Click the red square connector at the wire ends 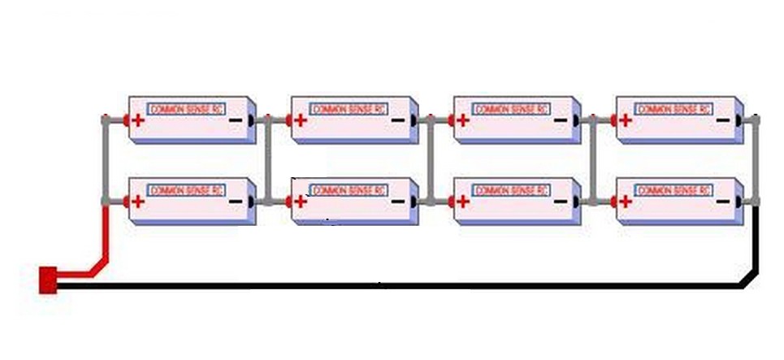pyautogui.click(x=48, y=280)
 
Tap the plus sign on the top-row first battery pyautogui.click(x=138, y=120)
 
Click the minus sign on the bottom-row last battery pyautogui.click(x=722, y=201)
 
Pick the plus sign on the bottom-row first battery pyautogui.click(x=138, y=201)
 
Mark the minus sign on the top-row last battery pyautogui.click(x=722, y=120)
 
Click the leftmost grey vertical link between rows pyautogui.click(x=105, y=160)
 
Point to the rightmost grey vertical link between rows pyautogui.click(x=756, y=160)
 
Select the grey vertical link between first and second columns pyautogui.click(x=267, y=160)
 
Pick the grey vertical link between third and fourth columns pyautogui.click(x=593, y=160)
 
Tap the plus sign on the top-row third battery pyautogui.click(x=463, y=120)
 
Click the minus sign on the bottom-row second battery pyautogui.click(x=397, y=201)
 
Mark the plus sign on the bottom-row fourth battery pyautogui.click(x=626, y=201)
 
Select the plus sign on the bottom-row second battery pyautogui.click(x=301, y=201)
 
